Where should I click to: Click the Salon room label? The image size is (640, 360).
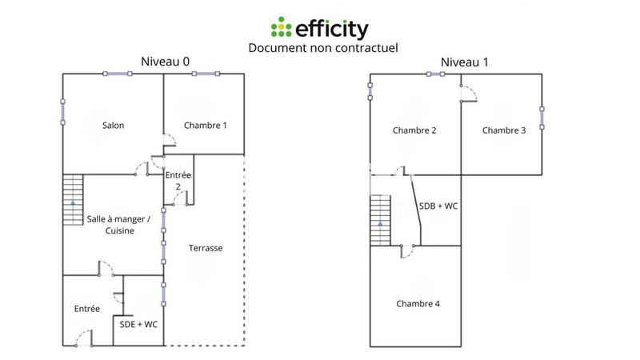click(x=113, y=126)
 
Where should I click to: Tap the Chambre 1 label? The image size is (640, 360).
click(x=206, y=126)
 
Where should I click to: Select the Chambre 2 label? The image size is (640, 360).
click(x=414, y=131)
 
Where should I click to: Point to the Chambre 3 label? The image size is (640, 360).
click(x=504, y=131)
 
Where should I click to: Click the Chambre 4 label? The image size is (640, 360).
click(x=418, y=304)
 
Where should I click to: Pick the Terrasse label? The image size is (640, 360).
click(x=206, y=248)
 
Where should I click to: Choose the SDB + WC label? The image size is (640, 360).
click(x=438, y=206)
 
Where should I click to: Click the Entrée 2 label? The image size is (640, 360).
click(x=178, y=180)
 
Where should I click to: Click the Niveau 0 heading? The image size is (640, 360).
click(x=165, y=61)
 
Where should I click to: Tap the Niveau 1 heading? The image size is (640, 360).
click(x=463, y=62)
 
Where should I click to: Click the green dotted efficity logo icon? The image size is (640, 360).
click(x=281, y=29)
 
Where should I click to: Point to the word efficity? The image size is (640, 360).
click(x=333, y=30)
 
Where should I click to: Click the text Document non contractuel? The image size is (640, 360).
click(x=323, y=48)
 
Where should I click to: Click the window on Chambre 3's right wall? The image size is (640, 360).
click(x=542, y=118)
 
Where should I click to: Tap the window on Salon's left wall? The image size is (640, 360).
click(x=63, y=112)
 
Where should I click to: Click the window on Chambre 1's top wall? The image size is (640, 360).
click(x=205, y=74)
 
